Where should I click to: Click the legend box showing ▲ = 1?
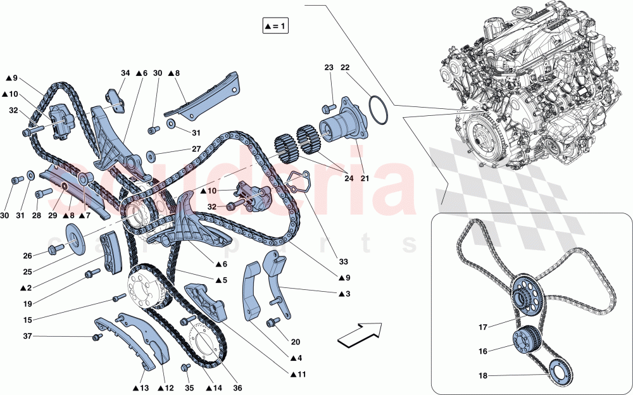[x=275, y=26]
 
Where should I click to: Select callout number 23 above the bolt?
[x=329, y=68]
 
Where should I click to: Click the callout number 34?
[x=125, y=73]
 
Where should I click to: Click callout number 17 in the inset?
[x=483, y=327]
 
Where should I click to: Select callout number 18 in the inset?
[x=483, y=376]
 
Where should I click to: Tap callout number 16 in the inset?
[x=483, y=351]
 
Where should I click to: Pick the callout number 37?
[x=27, y=336]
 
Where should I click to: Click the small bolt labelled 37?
[x=96, y=337]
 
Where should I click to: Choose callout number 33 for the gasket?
[x=343, y=261]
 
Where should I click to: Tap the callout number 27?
[x=196, y=149]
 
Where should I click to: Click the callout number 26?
[x=27, y=256]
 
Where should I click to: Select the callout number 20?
[x=296, y=342]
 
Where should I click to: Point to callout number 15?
[x=27, y=320]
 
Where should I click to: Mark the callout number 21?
[x=365, y=178]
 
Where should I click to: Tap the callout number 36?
[x=238, y=388]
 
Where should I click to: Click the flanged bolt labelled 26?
[x=54, y=250]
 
